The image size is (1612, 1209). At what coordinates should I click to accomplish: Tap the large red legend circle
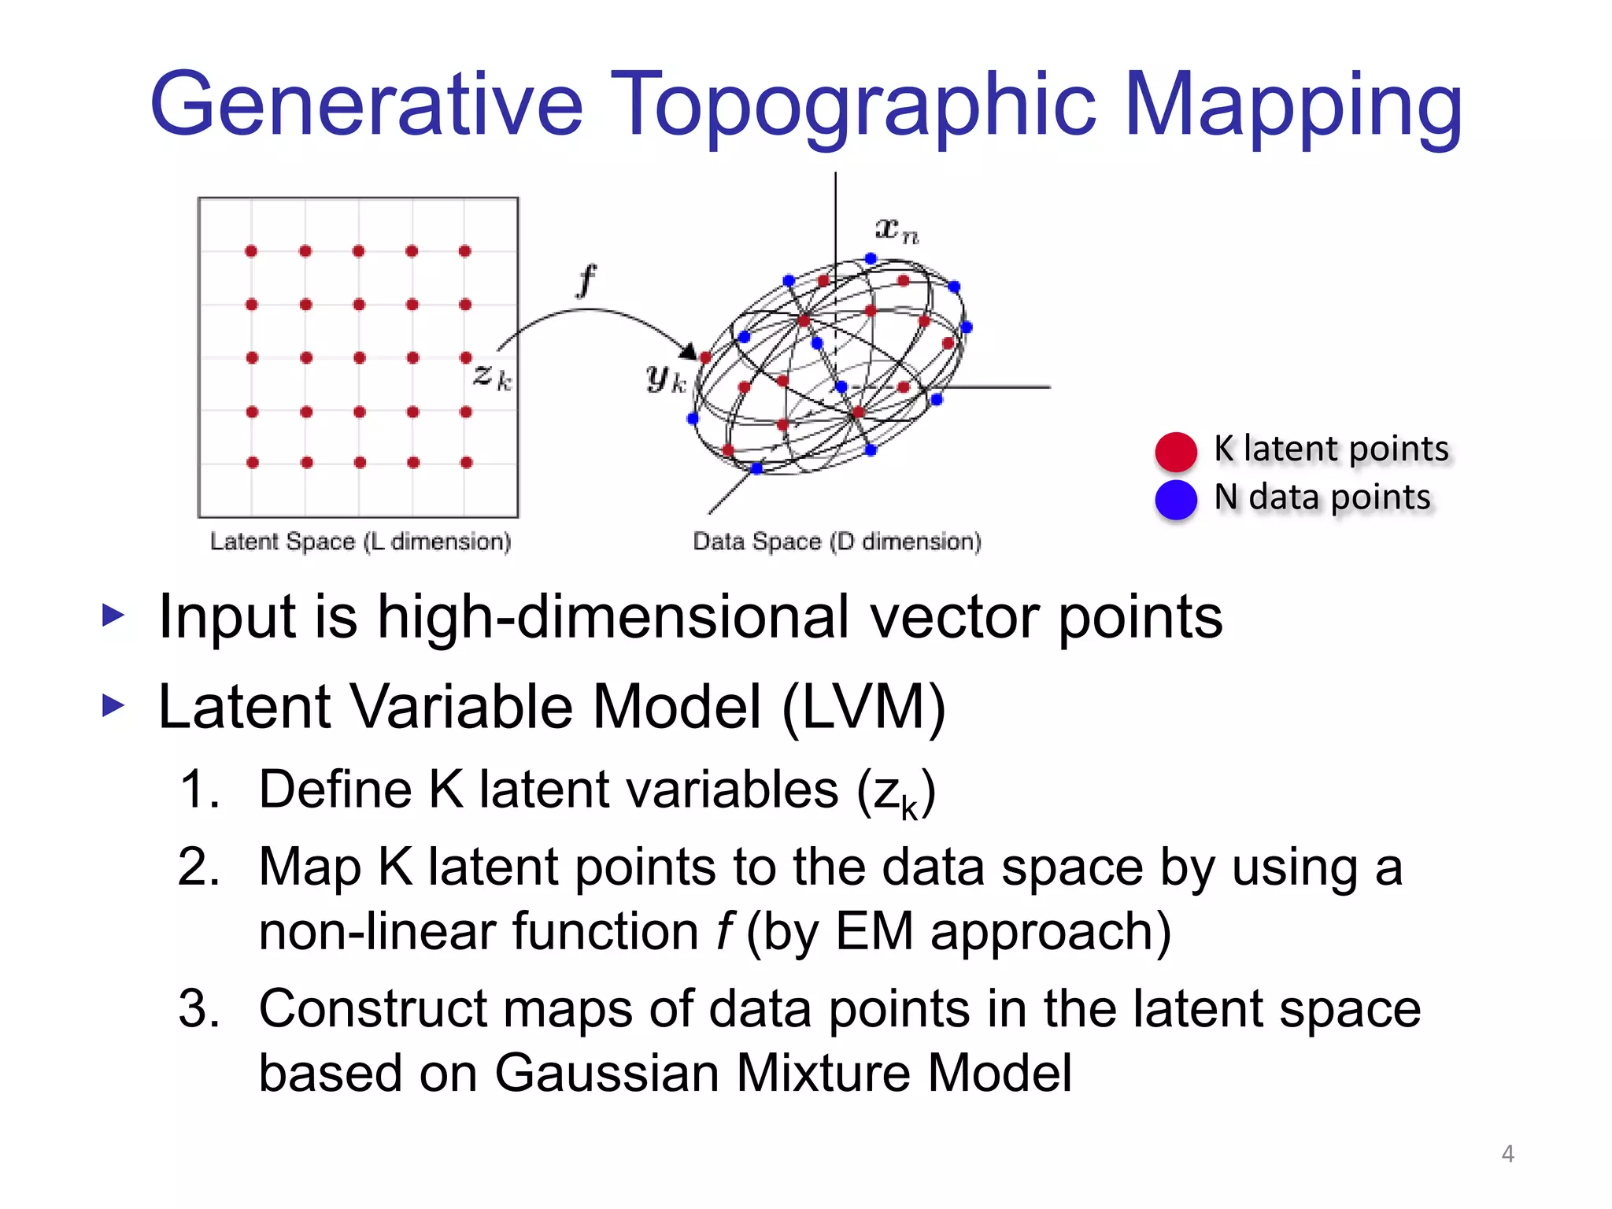point(1175,451)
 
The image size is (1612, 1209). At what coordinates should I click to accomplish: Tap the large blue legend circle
point(1175,499)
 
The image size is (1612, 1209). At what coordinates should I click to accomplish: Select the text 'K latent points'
point(1330,449)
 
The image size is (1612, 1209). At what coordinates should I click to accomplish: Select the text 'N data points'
point(1322,497)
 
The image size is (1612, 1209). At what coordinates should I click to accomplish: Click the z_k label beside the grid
point(492,376)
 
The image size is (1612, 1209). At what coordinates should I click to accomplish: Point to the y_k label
point(666,379)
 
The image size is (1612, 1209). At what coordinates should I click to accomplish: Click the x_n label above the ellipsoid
point(896,229)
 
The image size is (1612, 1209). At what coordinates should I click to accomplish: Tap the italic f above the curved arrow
point(586,281)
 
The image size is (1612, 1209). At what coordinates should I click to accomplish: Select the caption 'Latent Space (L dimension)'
point(360,542)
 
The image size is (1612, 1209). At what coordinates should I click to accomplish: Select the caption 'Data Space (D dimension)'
point(837,542)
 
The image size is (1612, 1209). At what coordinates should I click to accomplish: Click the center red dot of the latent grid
point(359,357)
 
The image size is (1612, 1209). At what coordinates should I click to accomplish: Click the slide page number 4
point(1507,1153)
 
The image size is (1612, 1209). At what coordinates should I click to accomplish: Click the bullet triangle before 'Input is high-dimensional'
point(113,616)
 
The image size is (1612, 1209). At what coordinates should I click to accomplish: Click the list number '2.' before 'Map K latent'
point(198,867)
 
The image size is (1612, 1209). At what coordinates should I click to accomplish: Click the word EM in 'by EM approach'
point(874,931)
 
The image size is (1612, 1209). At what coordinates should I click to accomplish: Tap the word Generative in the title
point(366,106)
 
